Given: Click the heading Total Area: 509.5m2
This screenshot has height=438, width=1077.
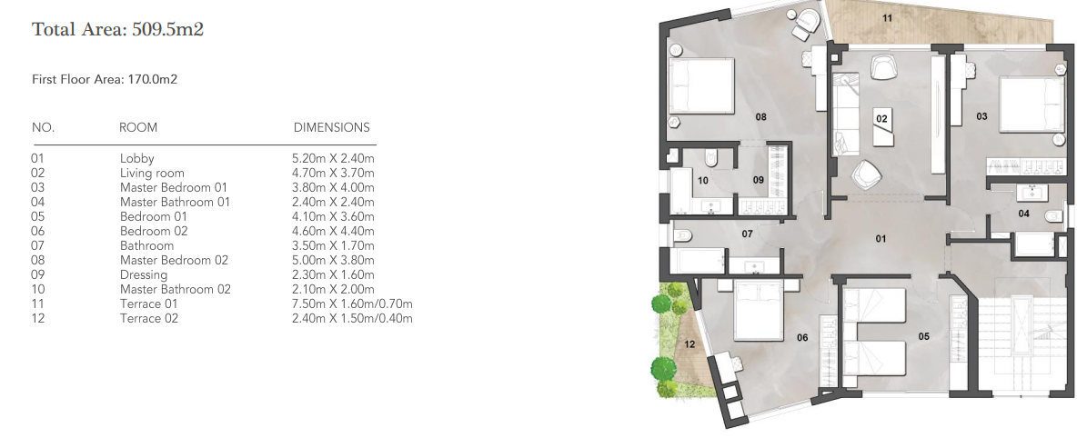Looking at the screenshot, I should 117,30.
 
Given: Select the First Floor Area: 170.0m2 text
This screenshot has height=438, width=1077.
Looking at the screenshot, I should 104,80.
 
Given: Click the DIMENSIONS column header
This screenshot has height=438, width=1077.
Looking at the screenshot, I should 331,128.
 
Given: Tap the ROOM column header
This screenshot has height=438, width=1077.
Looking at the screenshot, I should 138,128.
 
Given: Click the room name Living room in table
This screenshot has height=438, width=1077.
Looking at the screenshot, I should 152,173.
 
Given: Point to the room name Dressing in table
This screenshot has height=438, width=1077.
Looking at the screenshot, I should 144,274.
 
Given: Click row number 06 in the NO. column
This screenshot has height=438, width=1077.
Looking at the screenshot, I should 38,231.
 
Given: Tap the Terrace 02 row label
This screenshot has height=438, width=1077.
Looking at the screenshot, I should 149,318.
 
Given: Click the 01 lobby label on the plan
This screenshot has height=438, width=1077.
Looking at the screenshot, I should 881,239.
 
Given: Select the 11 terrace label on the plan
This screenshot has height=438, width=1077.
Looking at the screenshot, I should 887,18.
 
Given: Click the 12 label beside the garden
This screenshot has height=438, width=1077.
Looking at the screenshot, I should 689,343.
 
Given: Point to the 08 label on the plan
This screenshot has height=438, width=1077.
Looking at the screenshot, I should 760,116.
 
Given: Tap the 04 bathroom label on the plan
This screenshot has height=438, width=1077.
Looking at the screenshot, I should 1023,214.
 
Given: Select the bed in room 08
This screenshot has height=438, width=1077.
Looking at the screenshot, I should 701,86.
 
